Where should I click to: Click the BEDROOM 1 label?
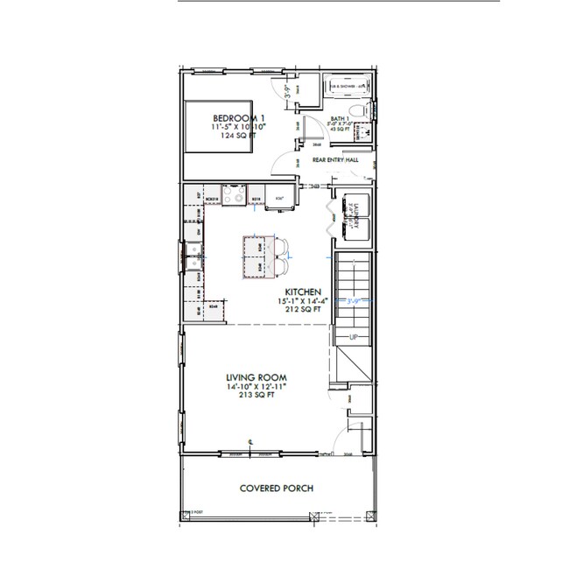tap(239, 118)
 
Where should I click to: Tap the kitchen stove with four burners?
tap(235, 195)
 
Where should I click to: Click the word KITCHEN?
tap(304, 292)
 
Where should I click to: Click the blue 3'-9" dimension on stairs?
tap(354, 300)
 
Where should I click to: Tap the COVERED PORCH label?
tap(277, 488)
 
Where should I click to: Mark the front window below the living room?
tap(232, 453)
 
